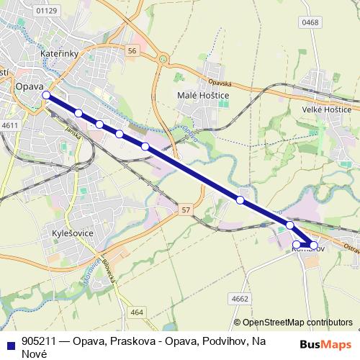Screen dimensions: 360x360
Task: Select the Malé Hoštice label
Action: tap(199, 94)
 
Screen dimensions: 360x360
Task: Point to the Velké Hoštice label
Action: tap(326, 109)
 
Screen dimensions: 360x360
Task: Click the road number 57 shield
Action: tap(186, 209)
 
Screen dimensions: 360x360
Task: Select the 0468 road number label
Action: tap(330, 23)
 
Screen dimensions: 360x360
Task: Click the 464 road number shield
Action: tap(137, 312)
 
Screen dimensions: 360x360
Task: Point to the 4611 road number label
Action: tap(10, 125)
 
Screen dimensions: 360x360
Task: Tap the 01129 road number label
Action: tap(45, 11)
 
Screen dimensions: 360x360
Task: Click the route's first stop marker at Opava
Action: tap(46, 95)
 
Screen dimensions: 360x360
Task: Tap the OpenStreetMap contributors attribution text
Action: tap(297, 323)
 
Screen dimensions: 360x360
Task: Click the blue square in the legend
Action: tap(9, 343)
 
